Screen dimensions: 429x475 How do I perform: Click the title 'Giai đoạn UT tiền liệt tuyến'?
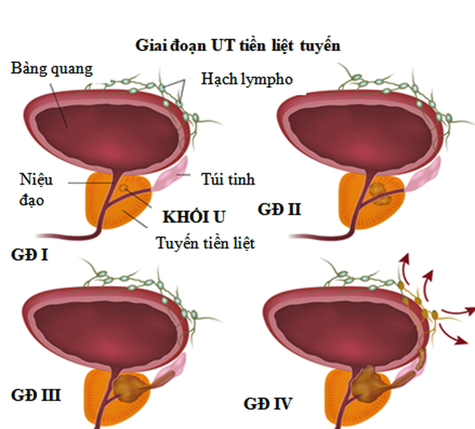238,46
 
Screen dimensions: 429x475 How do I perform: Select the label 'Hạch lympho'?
247,79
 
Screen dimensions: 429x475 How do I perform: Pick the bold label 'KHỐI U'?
194,216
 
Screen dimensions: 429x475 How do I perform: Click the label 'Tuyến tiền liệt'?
205,243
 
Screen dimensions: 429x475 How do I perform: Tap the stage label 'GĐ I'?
29,256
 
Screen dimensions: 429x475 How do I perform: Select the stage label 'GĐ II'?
280,210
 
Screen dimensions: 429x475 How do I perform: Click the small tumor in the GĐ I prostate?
124,188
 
